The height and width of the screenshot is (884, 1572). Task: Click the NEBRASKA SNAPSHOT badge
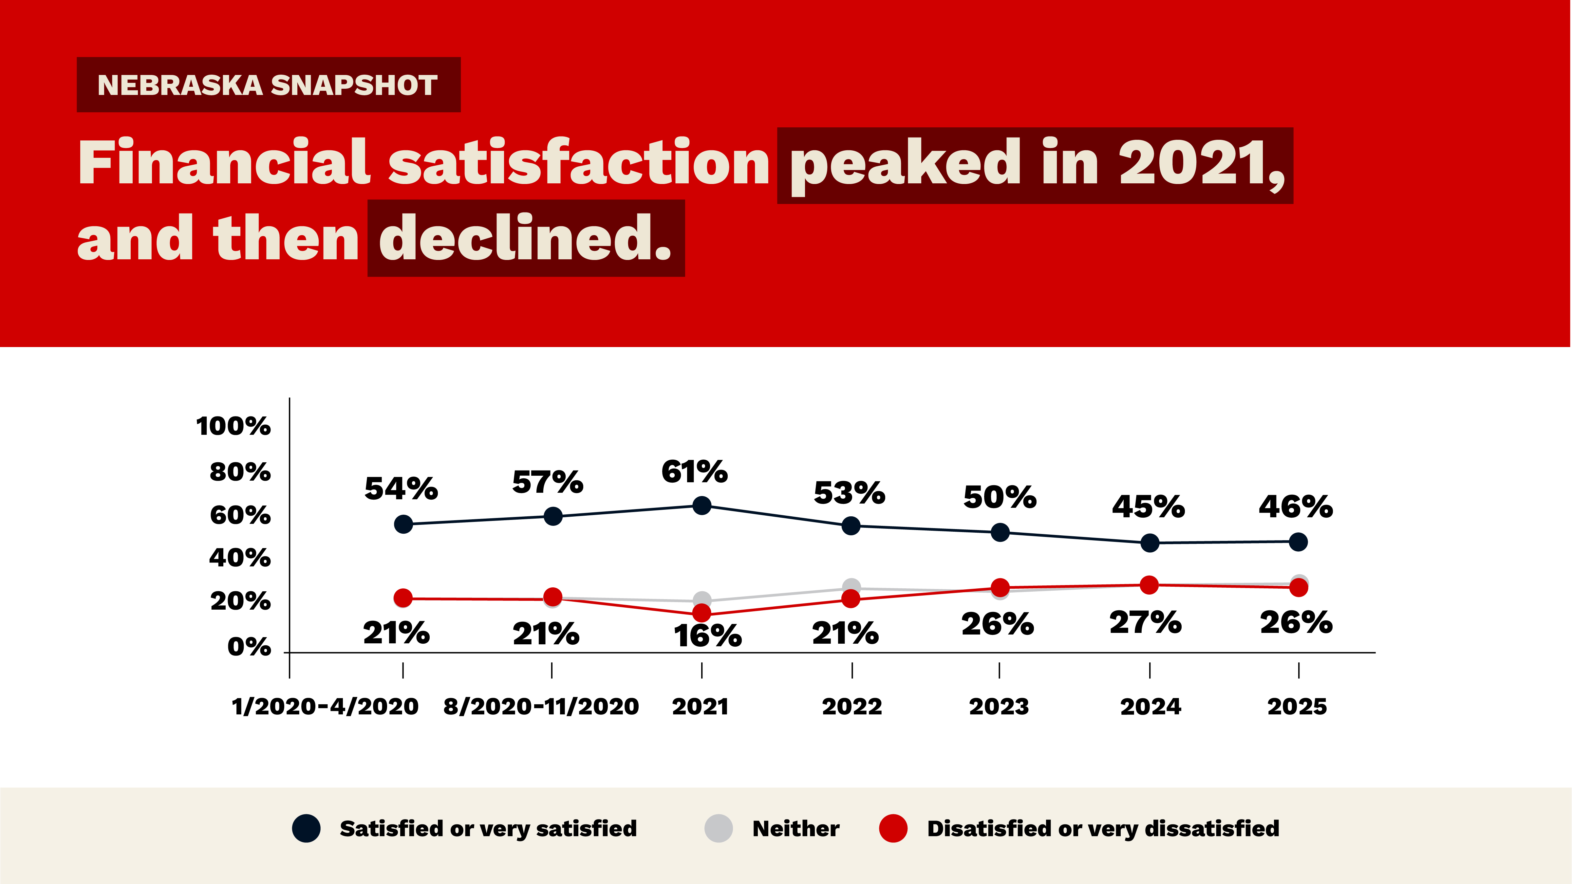pos(269,85)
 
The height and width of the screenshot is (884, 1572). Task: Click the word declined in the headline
pos(525,239)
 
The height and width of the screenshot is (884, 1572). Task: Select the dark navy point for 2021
pos(702,506)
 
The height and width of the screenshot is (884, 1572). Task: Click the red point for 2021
pos(702,613)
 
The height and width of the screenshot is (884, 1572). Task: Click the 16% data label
pos(707,636)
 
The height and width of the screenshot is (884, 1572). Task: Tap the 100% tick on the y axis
pos(233,426)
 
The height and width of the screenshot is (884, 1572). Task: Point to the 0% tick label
pos(249,647)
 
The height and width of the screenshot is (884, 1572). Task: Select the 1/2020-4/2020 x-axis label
pos(325,707)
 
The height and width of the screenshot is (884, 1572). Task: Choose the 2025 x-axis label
pos(1297,707)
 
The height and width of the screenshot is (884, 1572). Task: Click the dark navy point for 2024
pos(1150,543)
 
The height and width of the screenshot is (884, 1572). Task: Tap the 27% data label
pos(1146,623)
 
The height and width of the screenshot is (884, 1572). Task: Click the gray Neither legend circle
pos(718,828)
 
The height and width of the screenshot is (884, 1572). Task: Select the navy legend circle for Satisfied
pos(306,828)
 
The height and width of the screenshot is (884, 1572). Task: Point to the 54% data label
pos(401,489)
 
